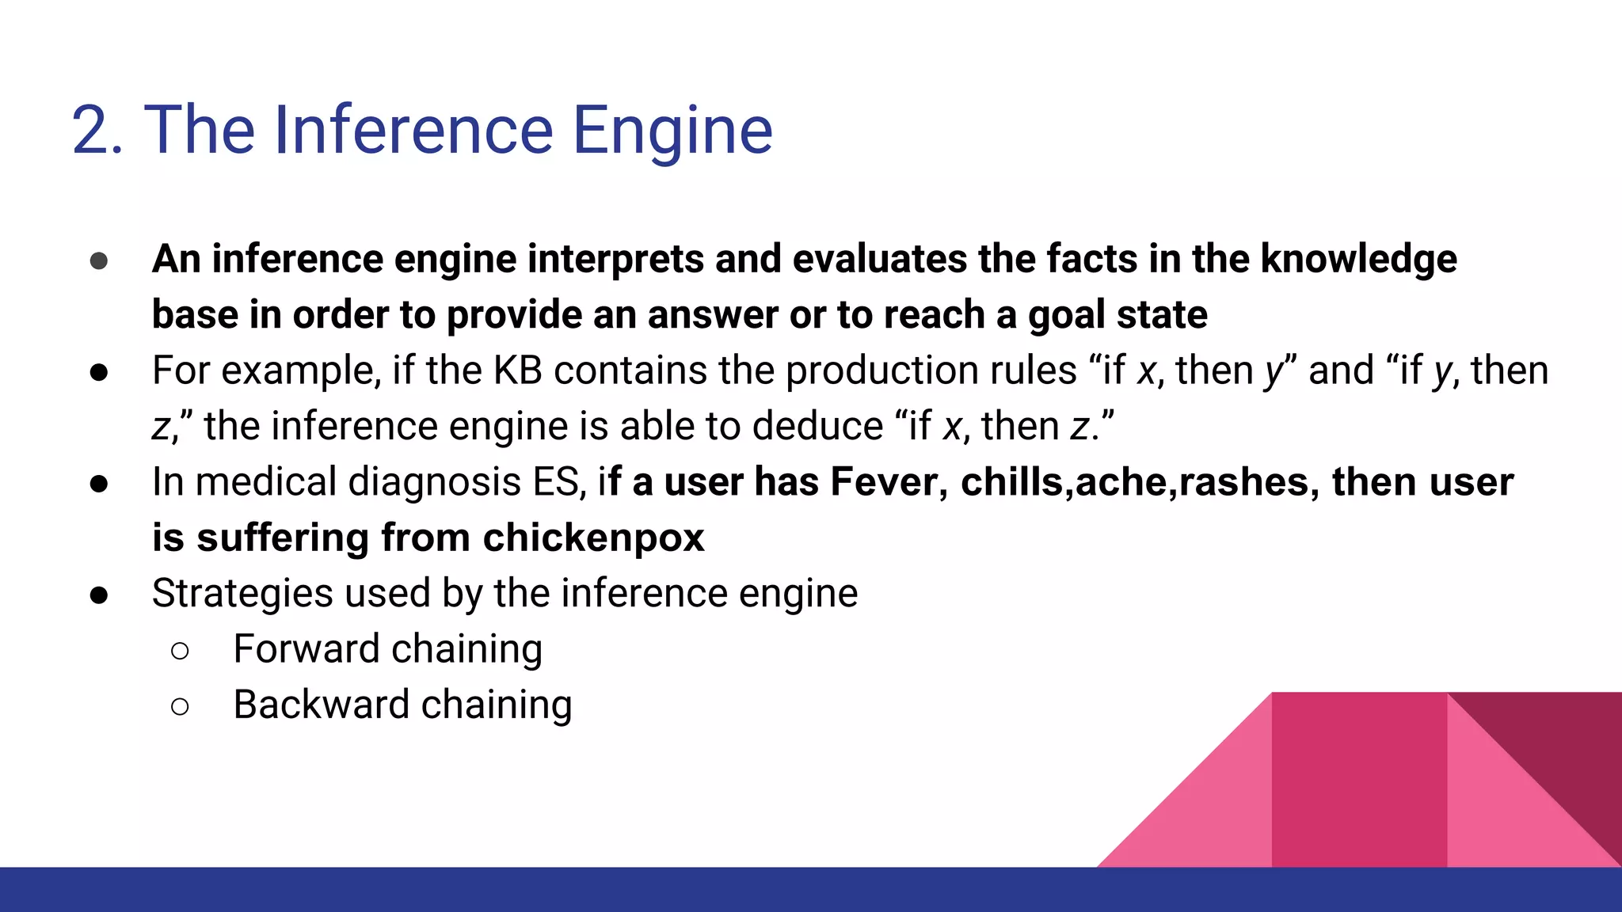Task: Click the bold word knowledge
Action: pyautogui.click(x=1358, y=260)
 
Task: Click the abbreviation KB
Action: pyautogui.click(x=518, y=370)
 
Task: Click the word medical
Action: pyautogui.click(x=266, y=482)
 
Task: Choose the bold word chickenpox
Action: pyautogui.click(x=593, y=538)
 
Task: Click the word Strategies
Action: pyautogui.click(x=242, y=594)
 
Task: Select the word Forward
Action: pyautogui.click(x=307, y=649)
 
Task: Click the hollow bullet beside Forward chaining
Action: pyautogui.click(x=180, y=651)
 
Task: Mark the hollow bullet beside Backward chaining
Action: pyautogui.click(x=180, y=706)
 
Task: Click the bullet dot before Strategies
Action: pyautogui.click(x=99, y=595)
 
